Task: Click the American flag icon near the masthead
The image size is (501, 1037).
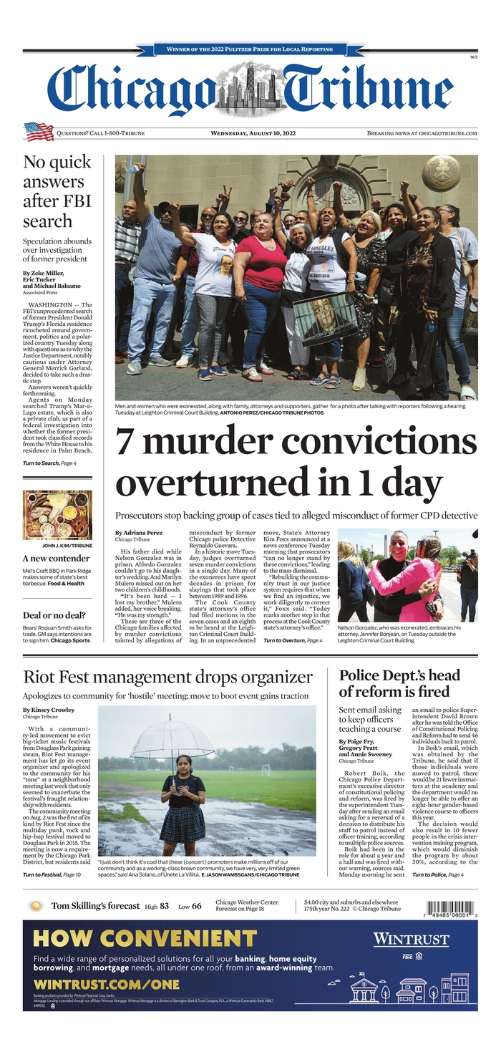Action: [x=39, y=132]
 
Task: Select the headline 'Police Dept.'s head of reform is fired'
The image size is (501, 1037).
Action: [x=399, y=683]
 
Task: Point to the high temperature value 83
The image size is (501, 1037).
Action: [x=164, y=906]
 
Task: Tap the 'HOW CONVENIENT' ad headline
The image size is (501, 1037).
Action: [x=140, y=938]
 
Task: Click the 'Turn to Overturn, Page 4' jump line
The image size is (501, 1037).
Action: [x=292, y=640]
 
